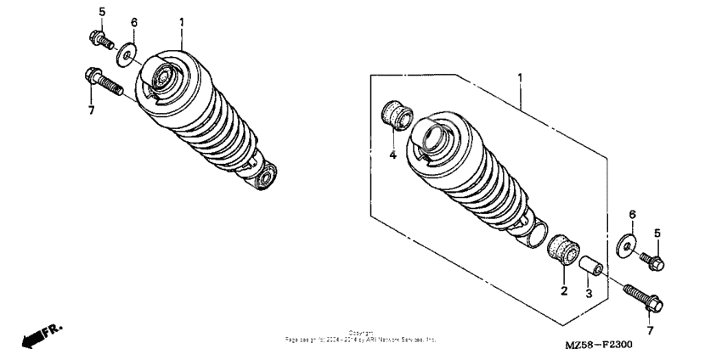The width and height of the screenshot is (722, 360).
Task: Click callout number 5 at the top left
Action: click(102, 12)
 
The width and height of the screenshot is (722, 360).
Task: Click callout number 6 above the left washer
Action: click(134, 21)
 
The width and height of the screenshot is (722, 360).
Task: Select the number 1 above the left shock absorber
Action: click(182, 20)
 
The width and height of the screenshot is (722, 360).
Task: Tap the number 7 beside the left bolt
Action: click(91, 110)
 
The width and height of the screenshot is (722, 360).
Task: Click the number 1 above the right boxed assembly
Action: click(520, 77)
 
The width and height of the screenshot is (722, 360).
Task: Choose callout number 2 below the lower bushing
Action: click(563, 291)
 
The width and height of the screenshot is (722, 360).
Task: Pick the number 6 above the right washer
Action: click(632, 214)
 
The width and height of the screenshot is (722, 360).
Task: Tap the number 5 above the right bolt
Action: click(656, 233)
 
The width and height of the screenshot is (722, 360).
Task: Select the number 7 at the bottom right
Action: click(651, 329)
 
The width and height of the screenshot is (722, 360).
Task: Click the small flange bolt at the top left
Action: click(99, 37)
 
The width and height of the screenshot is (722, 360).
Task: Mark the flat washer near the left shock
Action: click(127, 57)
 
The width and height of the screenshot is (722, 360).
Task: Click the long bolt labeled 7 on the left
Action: click(103, 82)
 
